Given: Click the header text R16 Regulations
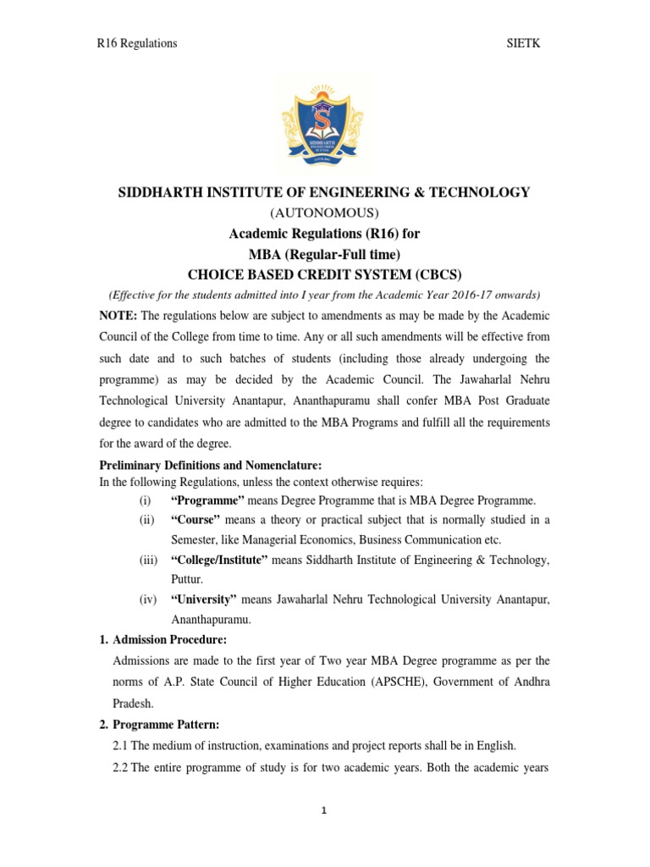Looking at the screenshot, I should tap(136, 43).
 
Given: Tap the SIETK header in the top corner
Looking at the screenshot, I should tap(522, 43).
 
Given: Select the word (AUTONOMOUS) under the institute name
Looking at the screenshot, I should tap(324, 212).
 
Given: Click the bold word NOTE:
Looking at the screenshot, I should tap(118, 315).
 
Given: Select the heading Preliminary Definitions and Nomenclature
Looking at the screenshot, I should tap(211, 465).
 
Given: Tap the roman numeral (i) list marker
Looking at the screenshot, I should tap(146, 500).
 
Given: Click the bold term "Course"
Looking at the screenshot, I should tap(196, 520).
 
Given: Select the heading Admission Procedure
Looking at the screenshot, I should tap(168, 639).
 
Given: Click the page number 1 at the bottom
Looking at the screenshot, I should tap(323, 810).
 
